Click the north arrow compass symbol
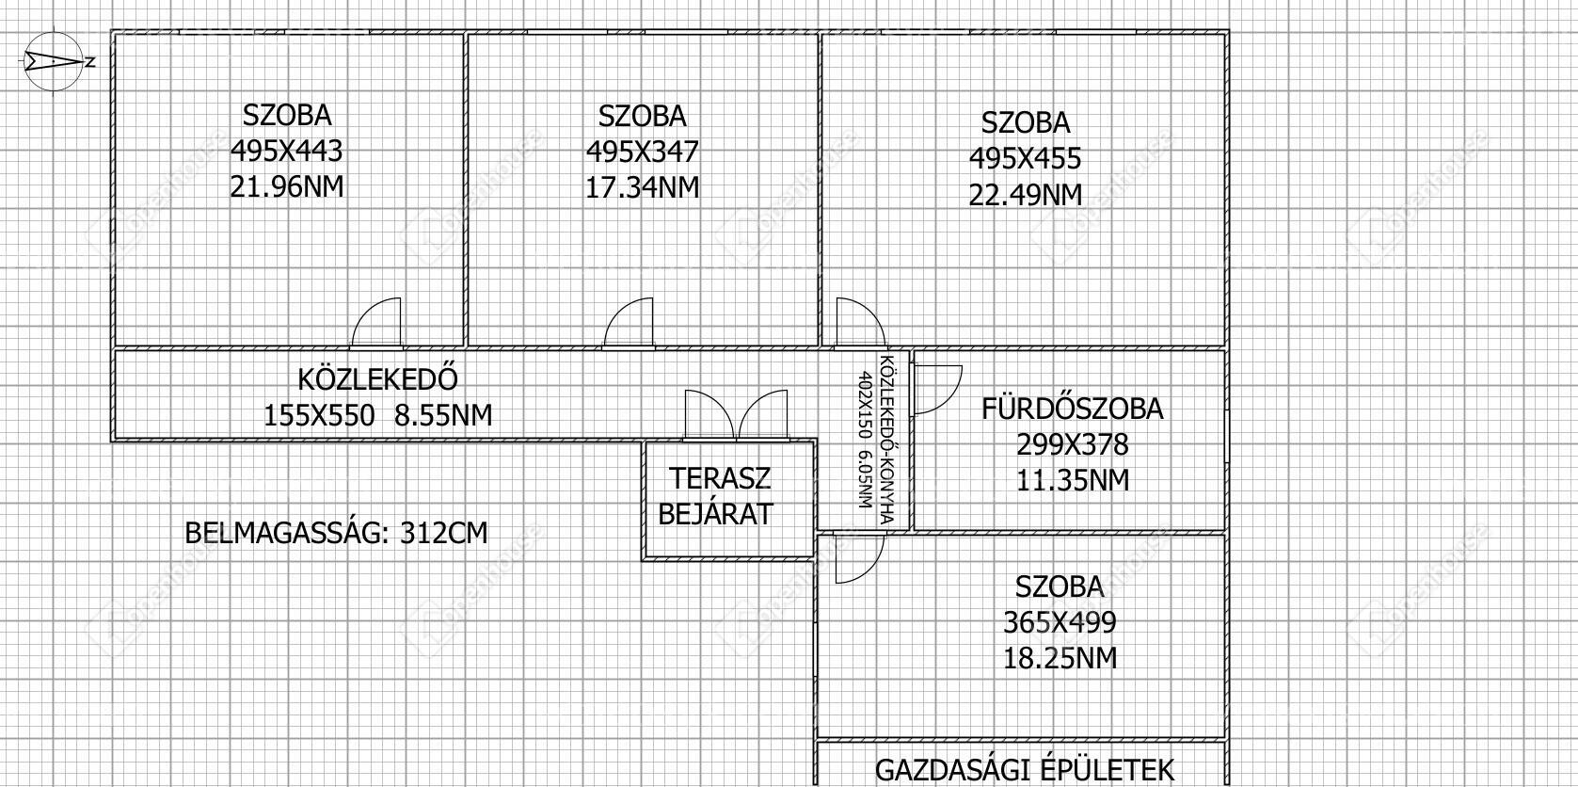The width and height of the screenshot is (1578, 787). (54, 61)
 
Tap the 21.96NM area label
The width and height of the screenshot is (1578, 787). (287, 187)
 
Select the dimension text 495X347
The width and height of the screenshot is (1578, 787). (643, 152)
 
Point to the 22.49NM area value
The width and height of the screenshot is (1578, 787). (1026, 195)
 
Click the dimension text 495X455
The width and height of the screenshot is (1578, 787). (1026, 158)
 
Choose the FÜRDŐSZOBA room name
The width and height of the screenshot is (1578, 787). (1073, 409)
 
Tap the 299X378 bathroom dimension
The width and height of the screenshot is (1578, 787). (1073, 444)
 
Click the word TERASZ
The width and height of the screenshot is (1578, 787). (720, 478)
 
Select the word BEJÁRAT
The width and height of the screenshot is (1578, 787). (716, 514)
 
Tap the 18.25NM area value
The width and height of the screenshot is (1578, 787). (1060, 659)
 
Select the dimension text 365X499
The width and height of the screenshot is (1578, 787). (1060, 623)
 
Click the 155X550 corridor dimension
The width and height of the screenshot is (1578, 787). (319, 416)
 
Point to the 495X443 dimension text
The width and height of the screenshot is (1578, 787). (287, 151)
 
